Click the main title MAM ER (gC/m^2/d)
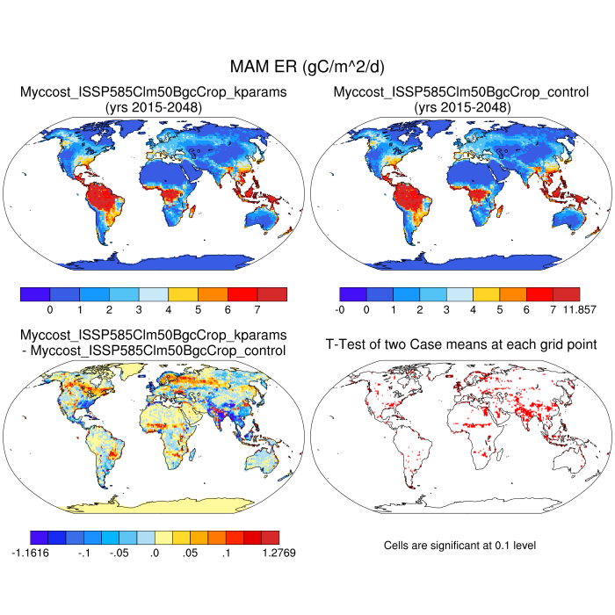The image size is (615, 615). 307,67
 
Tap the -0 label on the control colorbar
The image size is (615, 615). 339,310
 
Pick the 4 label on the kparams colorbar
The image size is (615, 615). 168,310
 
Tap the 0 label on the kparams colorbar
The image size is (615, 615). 50,310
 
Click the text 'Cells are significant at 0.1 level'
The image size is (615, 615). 459,546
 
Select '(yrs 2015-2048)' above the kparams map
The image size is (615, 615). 154,107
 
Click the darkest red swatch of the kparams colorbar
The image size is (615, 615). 272,293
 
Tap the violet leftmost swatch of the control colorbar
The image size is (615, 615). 352,293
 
